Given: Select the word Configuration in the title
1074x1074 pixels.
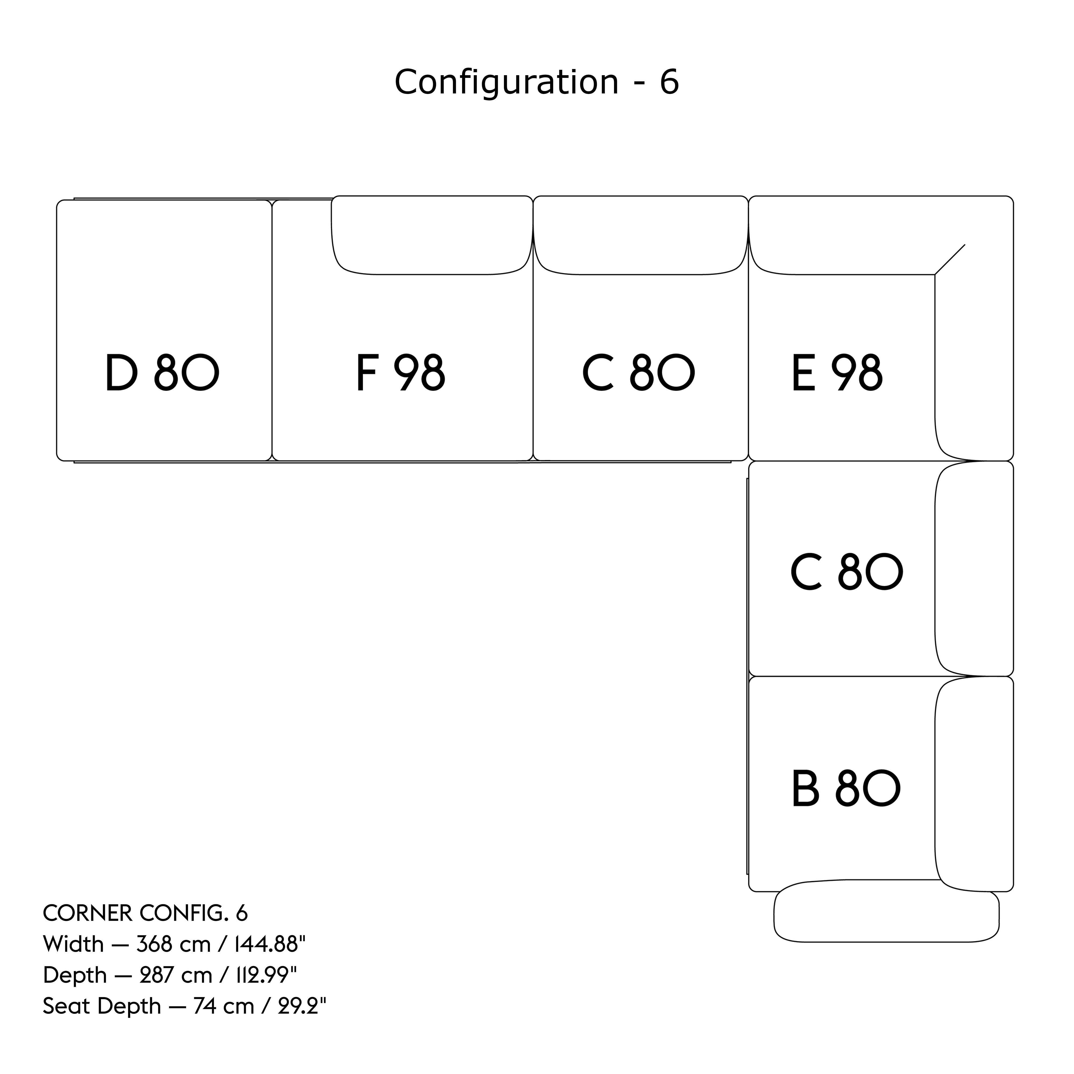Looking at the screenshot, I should tap(506, 82).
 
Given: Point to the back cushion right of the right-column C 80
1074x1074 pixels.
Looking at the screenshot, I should tap(974, 568).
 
